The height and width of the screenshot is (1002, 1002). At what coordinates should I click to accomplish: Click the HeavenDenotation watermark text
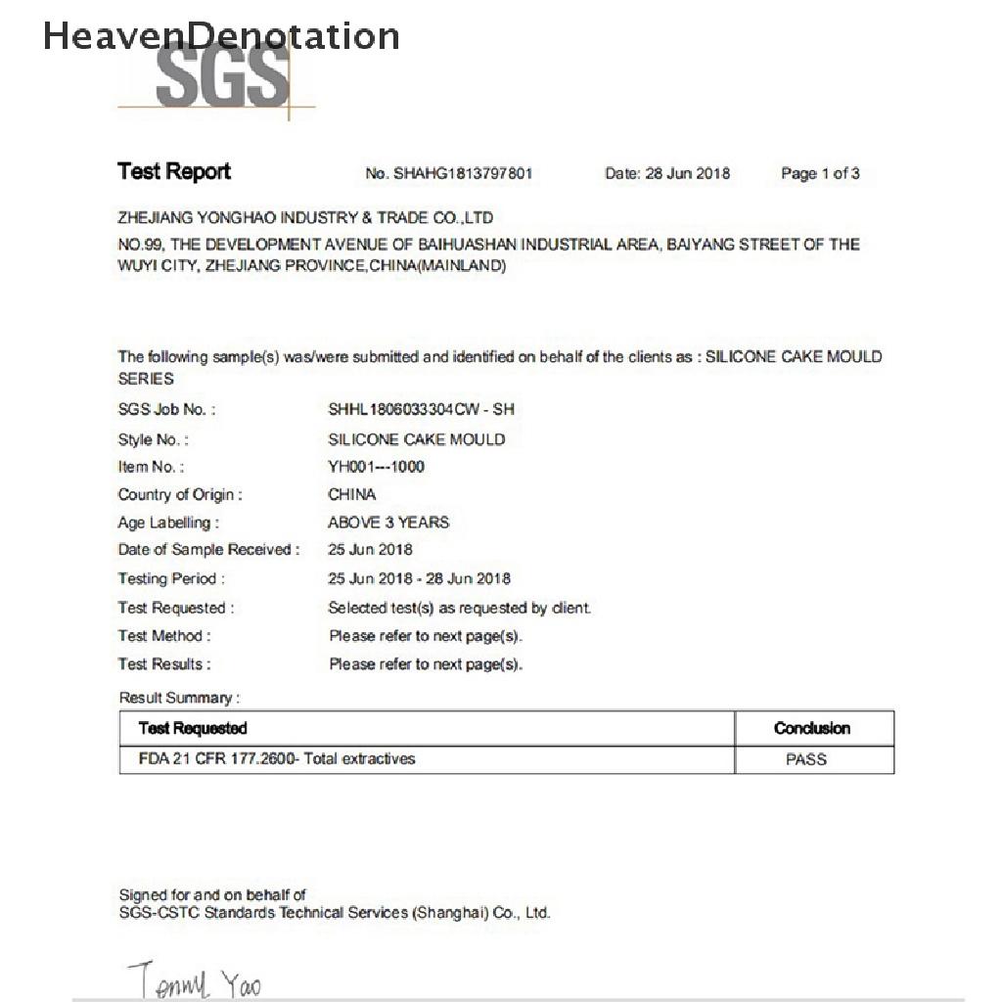[221, 36]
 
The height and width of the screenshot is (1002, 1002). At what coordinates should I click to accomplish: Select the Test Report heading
[174, 172]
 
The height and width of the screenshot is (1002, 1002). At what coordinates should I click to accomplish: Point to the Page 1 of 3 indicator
[820, 174]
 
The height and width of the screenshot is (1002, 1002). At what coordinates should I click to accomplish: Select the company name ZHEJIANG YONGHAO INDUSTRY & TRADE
[305, 217]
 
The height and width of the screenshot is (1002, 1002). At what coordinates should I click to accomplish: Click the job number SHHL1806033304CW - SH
[421, 409]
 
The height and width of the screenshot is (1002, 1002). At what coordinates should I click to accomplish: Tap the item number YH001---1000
[377, 467]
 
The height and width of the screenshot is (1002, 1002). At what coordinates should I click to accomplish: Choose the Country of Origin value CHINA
[352, 494]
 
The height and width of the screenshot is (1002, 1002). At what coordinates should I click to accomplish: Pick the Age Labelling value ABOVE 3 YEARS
[388, 522]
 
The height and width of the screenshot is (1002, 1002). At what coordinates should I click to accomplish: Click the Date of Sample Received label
[208, 550]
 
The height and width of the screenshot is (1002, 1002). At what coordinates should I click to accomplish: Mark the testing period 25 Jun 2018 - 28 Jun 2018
[419, 578]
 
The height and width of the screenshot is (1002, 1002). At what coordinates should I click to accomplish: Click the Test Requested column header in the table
[193, 728]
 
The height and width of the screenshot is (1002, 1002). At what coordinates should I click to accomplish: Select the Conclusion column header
[812, 728]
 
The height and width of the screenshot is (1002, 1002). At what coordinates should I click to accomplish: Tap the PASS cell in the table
[806, 759]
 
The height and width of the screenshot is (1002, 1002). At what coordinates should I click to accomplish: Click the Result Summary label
[178, 698]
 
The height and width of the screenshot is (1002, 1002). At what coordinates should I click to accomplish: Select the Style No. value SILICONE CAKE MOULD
[417, 439]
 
